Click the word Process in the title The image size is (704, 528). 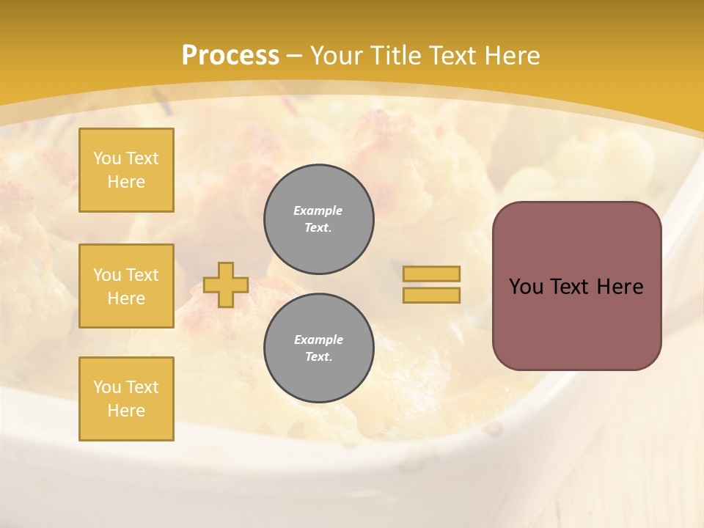tap(230, 56)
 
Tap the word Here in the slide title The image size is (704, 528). tap(510, 56)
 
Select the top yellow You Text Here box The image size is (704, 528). tap(126, 170)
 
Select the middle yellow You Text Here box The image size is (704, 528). tap(126, 286)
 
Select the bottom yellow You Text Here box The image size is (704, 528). tap(126, 399)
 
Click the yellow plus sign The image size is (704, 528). tap(225, 285)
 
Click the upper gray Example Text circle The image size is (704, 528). tap(318, 219)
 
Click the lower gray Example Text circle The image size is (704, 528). tap(318, 348)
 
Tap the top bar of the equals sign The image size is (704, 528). tap(431, 274)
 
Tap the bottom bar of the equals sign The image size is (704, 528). tap(431, 295)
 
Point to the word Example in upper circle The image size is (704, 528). tap(318, 210)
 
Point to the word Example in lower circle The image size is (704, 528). tap(318, 340)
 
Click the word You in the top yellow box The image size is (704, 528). tap(106, 158)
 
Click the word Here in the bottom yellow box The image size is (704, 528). tap(126, 411)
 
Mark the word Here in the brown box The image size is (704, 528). tap(620, 287)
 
